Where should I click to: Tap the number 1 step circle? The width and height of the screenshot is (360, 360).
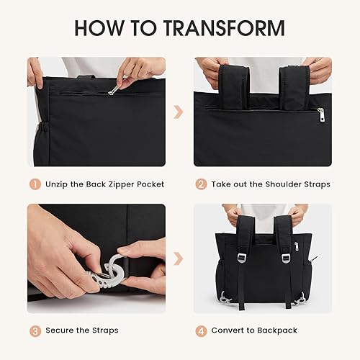(x=34, y=184)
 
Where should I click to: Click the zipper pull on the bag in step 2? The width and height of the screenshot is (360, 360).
(x=321, y=112)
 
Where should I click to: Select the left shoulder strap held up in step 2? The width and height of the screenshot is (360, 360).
(x=237, y=86)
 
